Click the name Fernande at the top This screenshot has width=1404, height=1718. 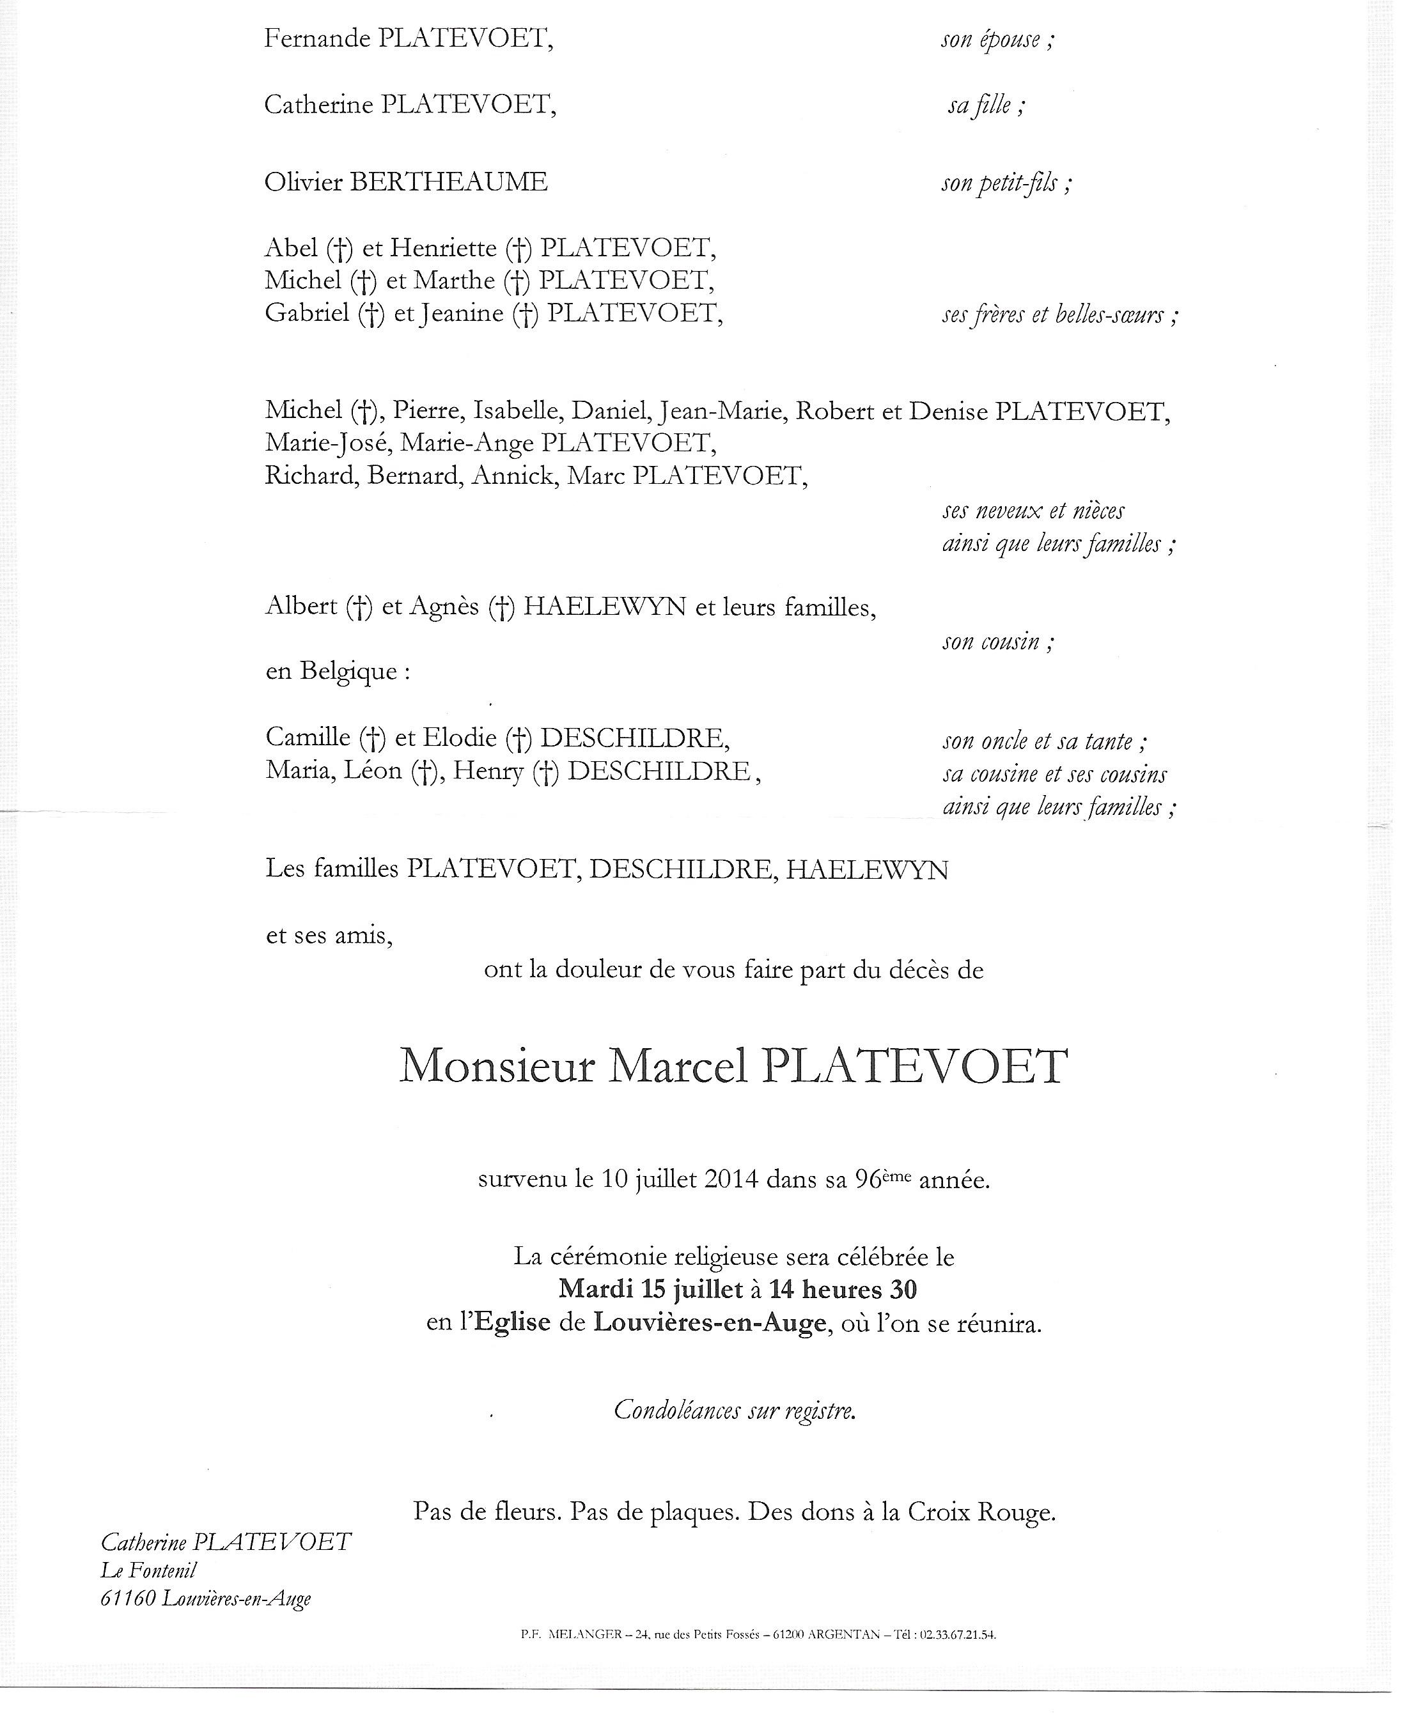click(x=317, y=39)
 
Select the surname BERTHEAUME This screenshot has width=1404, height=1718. click(x=448, y=183)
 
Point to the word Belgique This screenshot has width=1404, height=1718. click(x=348, y=671)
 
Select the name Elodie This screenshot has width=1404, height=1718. click(x=460, y=738)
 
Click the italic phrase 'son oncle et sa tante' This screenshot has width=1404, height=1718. click(x=1038, y=741)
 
